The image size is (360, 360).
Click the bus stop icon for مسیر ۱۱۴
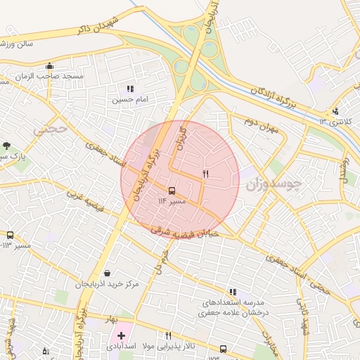(x=172, y=191)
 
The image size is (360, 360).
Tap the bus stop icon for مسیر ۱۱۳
(x=10, y=235)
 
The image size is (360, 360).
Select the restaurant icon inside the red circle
(x=205, y=173)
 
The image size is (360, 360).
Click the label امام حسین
(x=129, y=100)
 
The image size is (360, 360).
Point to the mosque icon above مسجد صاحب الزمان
(x=49, y=66)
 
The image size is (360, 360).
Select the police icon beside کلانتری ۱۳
(x=335, y=110)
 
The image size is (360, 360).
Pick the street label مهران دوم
(x=261, y=124)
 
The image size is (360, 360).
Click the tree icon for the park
(x=6, y=145)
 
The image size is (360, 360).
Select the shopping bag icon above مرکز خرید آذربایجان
(x=106, y=273)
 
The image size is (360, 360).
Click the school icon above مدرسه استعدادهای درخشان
(x=233, y=292)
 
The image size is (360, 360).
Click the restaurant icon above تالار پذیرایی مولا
(x=168, y=335)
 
